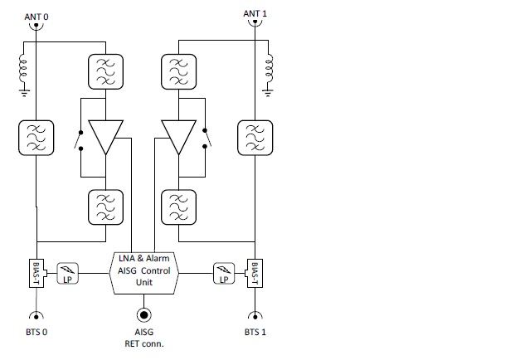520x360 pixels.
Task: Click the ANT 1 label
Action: coord(255,14)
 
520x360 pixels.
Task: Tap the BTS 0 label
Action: coord(36,332)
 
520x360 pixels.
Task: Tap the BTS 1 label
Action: coord(255,332)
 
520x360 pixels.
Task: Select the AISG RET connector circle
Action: coord(144,315)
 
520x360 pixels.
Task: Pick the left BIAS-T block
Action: coord(36,273)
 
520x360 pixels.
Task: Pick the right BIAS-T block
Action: coord(255,272)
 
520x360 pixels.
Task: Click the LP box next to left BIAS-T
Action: coord(67,273)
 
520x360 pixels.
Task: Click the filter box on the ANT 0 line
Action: coord(35,139)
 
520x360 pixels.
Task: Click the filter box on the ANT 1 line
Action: coord(255,139)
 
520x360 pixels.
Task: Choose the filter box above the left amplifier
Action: coord(106,72)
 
